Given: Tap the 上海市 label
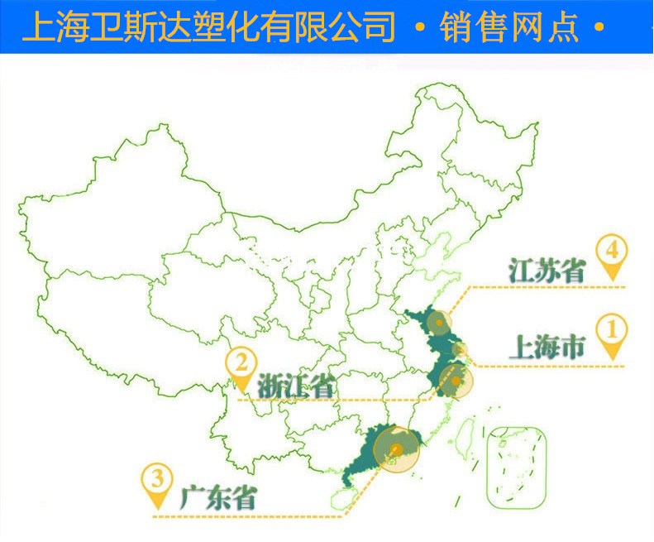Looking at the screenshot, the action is pyautogui.click(x=546, y=346).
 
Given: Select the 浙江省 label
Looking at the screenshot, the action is pyautogui.click(x=295, y=385).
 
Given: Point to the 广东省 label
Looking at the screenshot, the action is pyautogui.click(x=217, y=498).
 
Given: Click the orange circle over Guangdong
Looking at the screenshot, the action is pyautogui.click(x=397, y=449).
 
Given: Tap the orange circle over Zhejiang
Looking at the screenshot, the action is pyautogui.click(x=452, y=382).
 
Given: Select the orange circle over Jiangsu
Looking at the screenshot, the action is pyautogui.click(x=440, y=322).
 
